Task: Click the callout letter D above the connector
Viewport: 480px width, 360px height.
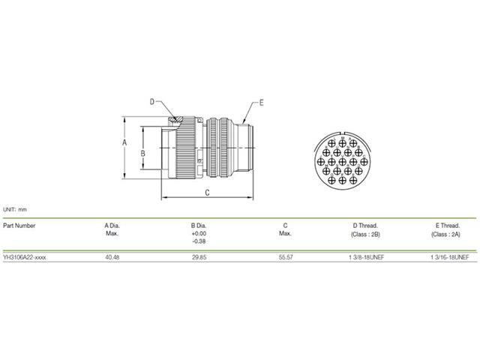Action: coord(151,102)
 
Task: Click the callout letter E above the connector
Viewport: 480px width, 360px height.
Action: coord(261,103)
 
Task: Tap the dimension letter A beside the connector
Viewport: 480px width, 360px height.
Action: coord(124,142)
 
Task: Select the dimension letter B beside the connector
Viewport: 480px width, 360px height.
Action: coord(142,153)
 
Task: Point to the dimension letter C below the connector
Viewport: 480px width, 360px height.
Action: coord(207,193)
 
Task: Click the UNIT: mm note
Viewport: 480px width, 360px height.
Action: coord(15,210)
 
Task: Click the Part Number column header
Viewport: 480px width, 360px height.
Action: coord(19,226)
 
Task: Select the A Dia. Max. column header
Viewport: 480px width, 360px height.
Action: coord(112,229)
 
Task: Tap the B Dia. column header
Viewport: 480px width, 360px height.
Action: coord(199,226)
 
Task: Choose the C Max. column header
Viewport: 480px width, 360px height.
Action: coord(285,229)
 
